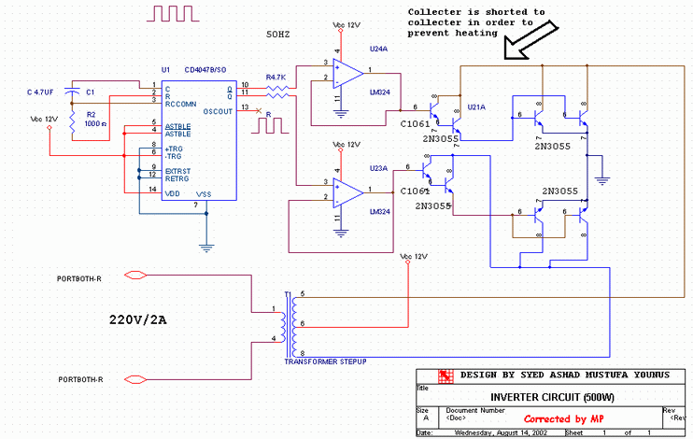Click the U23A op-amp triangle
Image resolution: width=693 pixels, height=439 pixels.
[x=348, y=191]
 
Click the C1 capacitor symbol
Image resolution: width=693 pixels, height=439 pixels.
[x=73, y=92]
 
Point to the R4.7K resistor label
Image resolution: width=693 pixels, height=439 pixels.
[x=276, y=77]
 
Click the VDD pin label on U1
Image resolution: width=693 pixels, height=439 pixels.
[x=173, y=192]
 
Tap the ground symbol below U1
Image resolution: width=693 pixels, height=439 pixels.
[x=205, y=248]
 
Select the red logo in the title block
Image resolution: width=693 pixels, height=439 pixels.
[x=446, y=376]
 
